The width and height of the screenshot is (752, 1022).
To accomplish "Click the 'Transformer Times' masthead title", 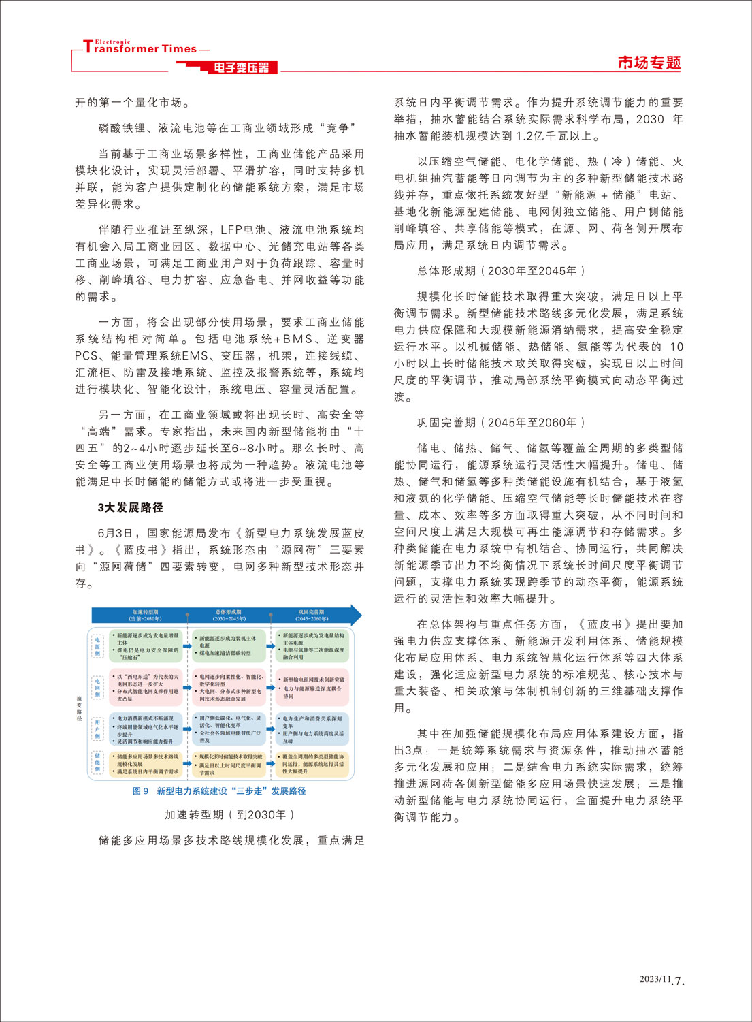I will [140, 48].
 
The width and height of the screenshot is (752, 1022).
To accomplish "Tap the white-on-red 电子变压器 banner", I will [242, 67].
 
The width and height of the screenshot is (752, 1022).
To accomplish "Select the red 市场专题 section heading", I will [649, 63].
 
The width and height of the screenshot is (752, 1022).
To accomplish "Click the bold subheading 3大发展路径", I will [130, 508].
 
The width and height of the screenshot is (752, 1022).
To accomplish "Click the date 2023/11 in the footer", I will [655, 979].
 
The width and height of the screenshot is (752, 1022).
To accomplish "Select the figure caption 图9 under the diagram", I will [219, 791].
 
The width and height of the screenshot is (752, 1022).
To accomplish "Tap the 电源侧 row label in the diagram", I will [97, 646].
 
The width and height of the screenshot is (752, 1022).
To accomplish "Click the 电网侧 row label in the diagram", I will [97, 686].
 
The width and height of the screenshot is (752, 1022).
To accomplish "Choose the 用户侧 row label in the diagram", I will [97, 728].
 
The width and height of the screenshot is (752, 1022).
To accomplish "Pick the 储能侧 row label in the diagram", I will [97, 763].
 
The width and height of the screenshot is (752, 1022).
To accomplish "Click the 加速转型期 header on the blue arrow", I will [146, 615].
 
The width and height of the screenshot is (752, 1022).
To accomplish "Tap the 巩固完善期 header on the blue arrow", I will [312, 615].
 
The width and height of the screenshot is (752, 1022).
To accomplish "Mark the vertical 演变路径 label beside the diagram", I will [80, 708].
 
